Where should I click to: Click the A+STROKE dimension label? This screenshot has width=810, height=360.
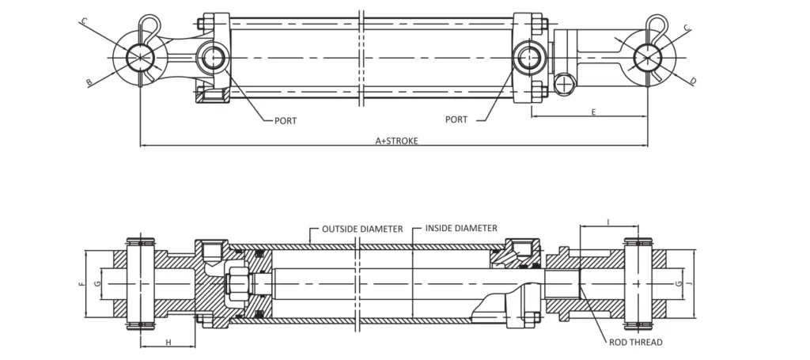pos(397,141)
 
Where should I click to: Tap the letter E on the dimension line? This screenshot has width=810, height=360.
pos(593,112)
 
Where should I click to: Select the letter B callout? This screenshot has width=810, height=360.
pos(89,82)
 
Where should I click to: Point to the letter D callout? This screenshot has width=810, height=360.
pos(693,81)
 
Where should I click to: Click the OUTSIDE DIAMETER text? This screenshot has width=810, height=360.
pos(362,229)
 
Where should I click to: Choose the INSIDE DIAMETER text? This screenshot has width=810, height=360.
pos(461,228)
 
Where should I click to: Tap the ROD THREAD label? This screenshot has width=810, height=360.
pos(636,342)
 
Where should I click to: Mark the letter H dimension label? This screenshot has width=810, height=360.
pos(168,342)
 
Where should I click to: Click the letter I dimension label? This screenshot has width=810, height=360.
pos(608,222)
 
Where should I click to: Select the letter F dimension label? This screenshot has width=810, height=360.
pos(81,284)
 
